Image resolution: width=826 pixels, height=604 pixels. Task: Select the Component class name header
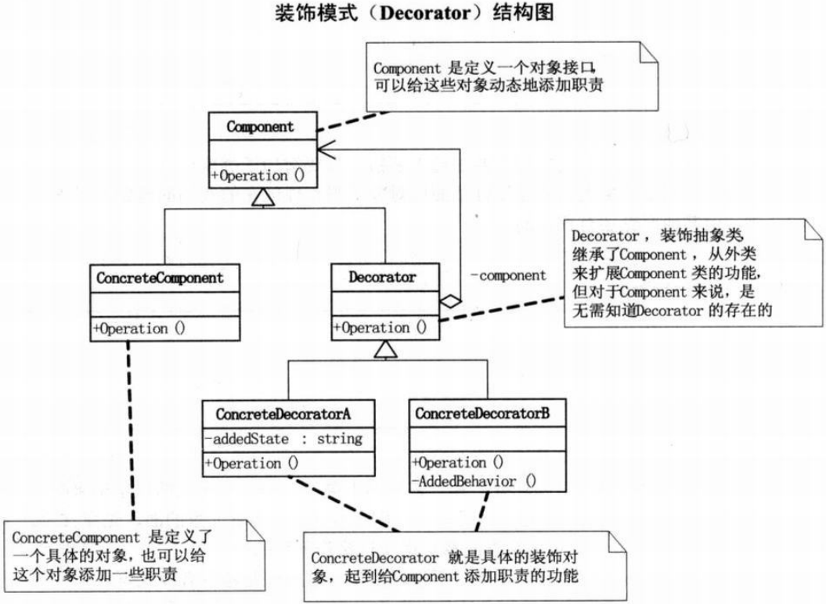click(262, 125)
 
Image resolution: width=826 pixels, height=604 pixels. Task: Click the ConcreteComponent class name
click(160, 278)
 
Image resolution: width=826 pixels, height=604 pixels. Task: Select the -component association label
click(507, 275)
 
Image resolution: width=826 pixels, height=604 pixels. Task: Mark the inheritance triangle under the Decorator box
click(384, 351)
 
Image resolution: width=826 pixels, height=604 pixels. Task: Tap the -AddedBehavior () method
click(474, 481)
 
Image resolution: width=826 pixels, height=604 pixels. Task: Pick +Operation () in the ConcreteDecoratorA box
click(252, 462)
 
